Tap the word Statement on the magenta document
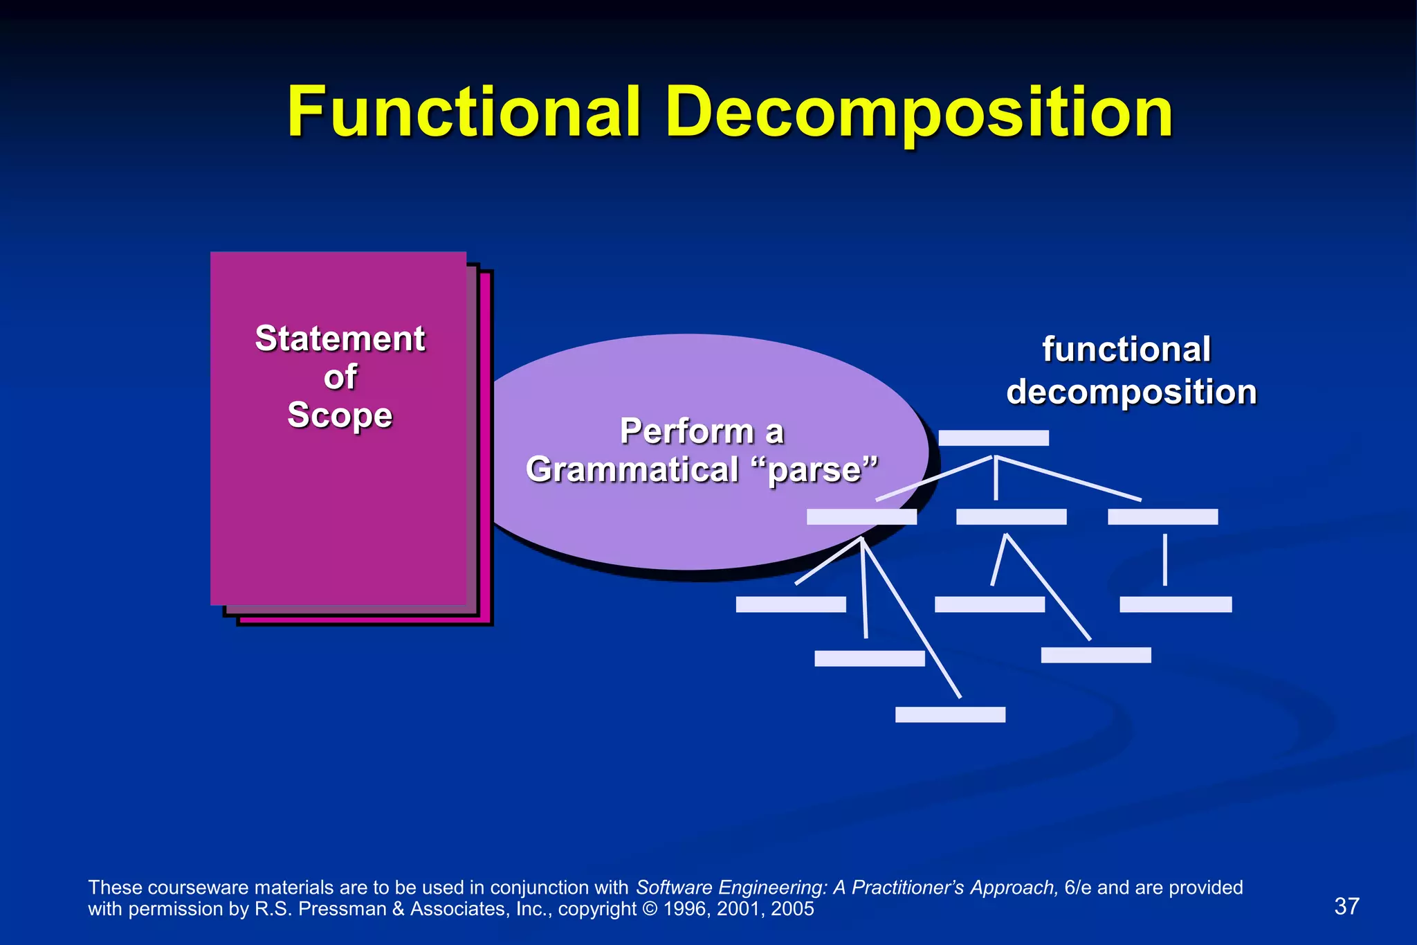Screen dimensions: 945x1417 coord(340,339)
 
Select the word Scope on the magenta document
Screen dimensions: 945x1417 coord(340,415)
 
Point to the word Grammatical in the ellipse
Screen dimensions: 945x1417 coord(632,470)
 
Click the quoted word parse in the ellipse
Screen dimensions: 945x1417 coord(814,470)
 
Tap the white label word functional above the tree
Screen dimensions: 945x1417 coord(1126,350)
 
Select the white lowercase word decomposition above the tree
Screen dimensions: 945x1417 coord(1131,393)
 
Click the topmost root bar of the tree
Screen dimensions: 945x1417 coord(994,438)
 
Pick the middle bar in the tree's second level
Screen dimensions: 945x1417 coord(1011,516)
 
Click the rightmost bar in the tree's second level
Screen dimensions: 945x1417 coord(1162,516)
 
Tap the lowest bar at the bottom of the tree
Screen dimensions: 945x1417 coord(950,714)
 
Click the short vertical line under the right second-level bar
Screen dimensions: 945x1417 coord(1165,559)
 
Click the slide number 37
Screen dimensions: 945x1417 coord(1346,906)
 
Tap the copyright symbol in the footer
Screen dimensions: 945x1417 coord(650,909)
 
